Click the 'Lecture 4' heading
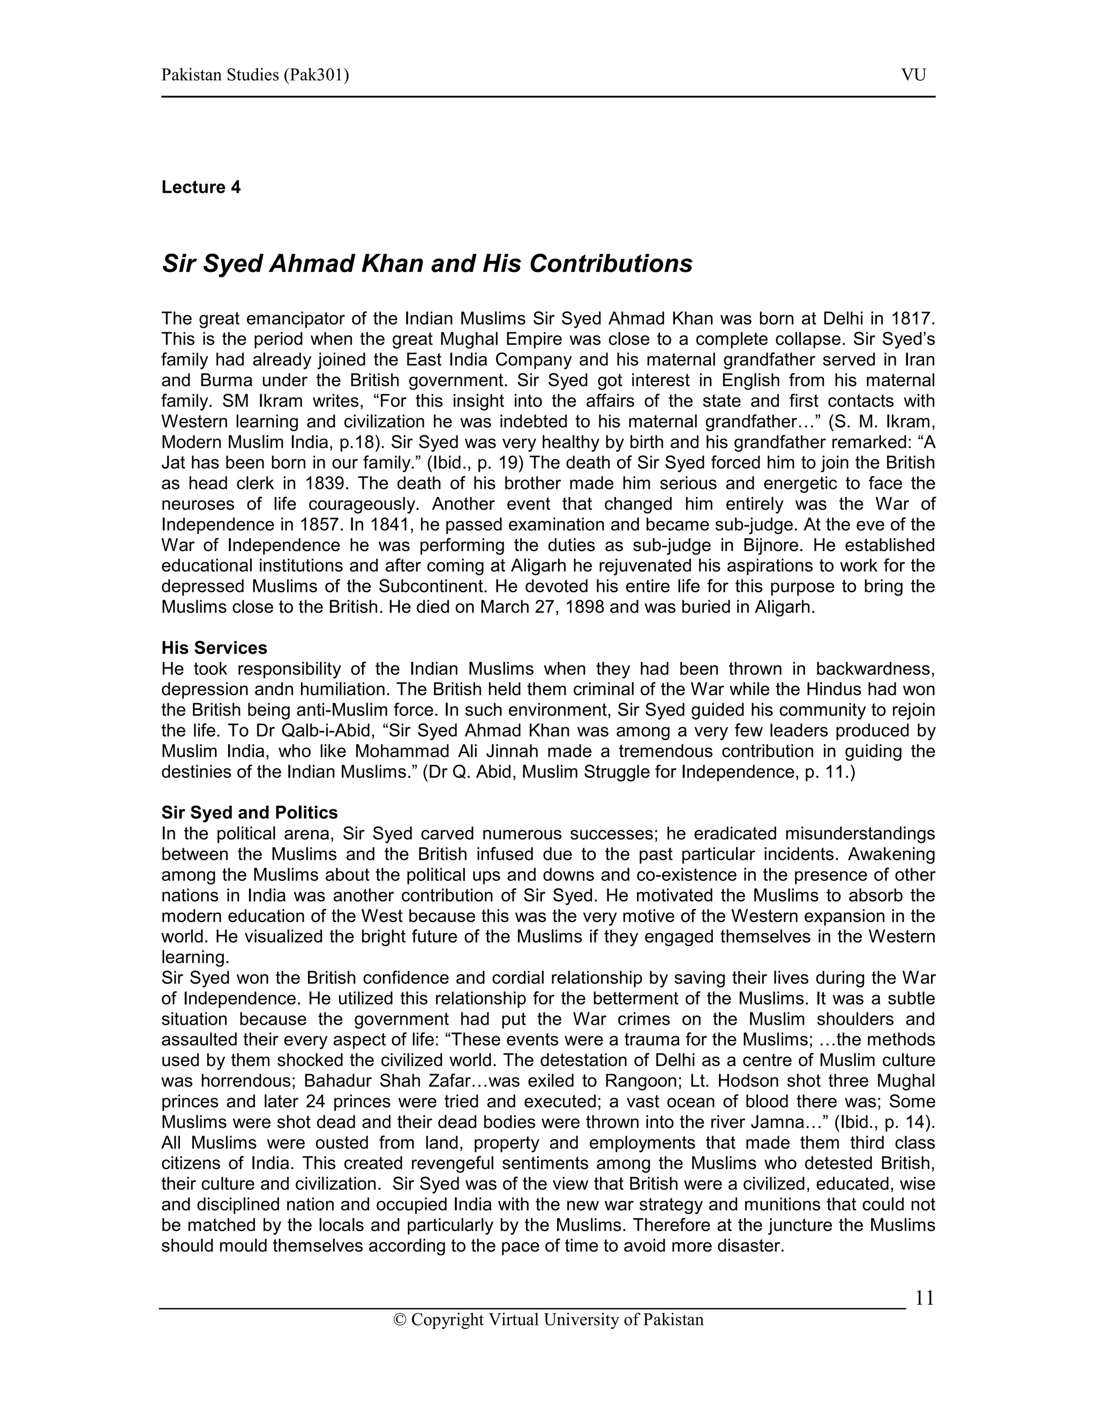(x=201, y=187)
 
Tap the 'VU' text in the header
(x=913, y=76)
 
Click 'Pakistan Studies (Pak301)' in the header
(x=255, y=76)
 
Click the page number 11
(x=924, y=1298)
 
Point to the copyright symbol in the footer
(x=400, y=1319)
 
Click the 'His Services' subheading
(x=214, y=648)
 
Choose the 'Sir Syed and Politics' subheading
(x=250, y=813)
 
